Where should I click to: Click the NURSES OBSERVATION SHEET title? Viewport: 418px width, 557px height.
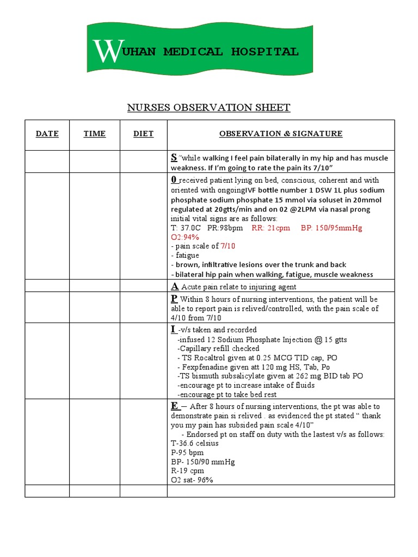(208, 108)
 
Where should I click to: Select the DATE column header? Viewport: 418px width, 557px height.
(47, 134)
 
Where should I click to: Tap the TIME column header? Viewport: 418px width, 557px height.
(95, 134)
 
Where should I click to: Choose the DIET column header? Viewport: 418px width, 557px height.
(144, 134)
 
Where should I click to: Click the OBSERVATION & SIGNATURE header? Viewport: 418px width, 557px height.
(281, 134)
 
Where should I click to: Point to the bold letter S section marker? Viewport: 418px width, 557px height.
(174, 157)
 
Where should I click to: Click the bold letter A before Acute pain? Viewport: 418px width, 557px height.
(175, 286)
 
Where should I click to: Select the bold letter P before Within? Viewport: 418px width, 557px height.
(174, 299)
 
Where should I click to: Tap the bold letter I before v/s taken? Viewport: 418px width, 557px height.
(174, 329)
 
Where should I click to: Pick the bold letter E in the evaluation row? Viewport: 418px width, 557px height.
(175, 406)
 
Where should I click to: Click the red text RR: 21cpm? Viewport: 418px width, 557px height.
(271, 228)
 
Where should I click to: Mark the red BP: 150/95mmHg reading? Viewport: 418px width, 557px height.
(331, 228)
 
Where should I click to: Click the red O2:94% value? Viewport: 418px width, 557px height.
(185, 237)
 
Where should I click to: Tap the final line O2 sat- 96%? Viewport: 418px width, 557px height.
(192, 480)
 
